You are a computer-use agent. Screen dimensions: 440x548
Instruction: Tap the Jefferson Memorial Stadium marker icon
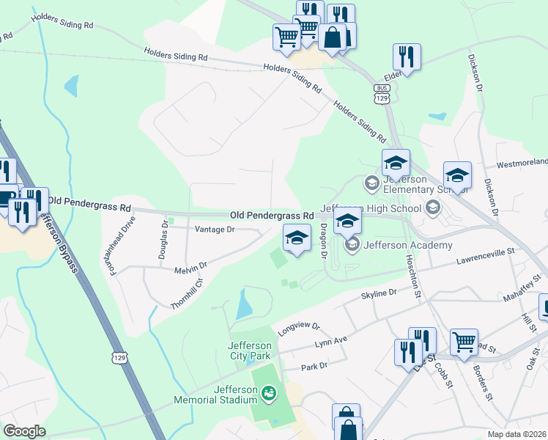click(x=270, y=395)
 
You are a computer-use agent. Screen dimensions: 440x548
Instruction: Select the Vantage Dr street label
click(x=214, y=230)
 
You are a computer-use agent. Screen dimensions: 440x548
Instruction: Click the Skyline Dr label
click(x=379, y=293)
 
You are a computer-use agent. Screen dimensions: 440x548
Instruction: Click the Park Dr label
click(x=313, y=365)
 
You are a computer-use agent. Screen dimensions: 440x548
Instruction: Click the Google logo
click(x=24, y=431)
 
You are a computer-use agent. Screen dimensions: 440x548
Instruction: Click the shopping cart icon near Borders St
click(x=463, y=341)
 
